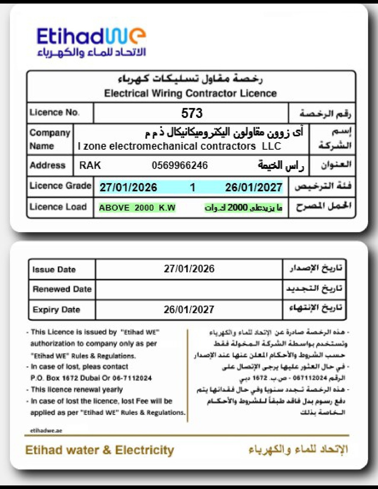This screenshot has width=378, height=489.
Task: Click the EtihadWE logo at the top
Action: (91, 41)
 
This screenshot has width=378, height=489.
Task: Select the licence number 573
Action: (192, 113)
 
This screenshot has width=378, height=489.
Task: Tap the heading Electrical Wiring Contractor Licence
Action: (190, 93)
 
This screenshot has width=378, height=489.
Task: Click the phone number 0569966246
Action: (180, 165)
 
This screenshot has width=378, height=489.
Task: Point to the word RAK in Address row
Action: (90, 165)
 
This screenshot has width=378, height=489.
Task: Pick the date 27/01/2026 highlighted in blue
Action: (128, 187)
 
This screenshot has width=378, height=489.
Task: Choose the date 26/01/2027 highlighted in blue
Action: (253, 187)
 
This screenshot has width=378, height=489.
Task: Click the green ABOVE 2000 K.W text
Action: (137, 207)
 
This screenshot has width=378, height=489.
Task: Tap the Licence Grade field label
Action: (60, 186)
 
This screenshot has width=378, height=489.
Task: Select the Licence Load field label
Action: (58, 207)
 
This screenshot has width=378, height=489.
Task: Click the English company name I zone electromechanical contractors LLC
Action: (179, 146)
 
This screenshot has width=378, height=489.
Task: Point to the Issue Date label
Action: (54, 270)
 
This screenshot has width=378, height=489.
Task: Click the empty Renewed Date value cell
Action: (189, 289)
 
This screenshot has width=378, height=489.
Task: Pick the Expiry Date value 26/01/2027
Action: (189, 310)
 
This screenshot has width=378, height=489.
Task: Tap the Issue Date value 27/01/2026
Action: (189, 269)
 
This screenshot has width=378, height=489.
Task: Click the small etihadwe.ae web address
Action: (46, 431)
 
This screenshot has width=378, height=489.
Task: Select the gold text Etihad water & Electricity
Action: (100, 450)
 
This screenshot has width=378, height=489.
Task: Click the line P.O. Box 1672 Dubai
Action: (91, 378)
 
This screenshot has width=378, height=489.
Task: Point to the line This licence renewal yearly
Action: (77, 389)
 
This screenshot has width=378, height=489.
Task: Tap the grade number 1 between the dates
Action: (193, 187)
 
